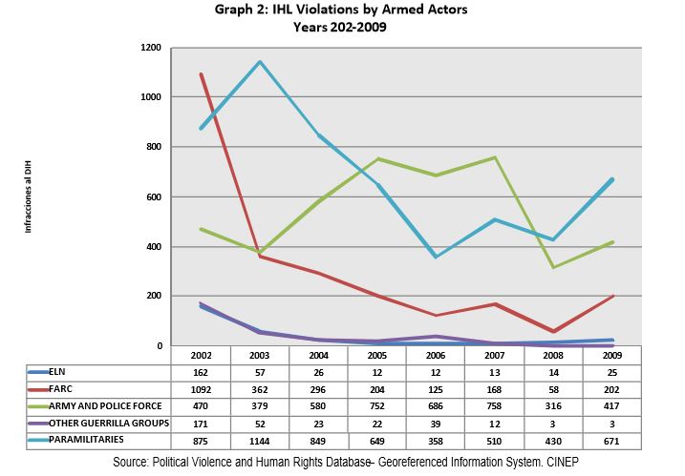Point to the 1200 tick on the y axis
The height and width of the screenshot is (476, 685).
click(148, 48)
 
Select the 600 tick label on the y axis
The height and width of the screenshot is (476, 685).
click(151, 197)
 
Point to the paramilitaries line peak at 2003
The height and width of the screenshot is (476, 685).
click(260, 62)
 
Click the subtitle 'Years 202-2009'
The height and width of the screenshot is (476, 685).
click(342, 27)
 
